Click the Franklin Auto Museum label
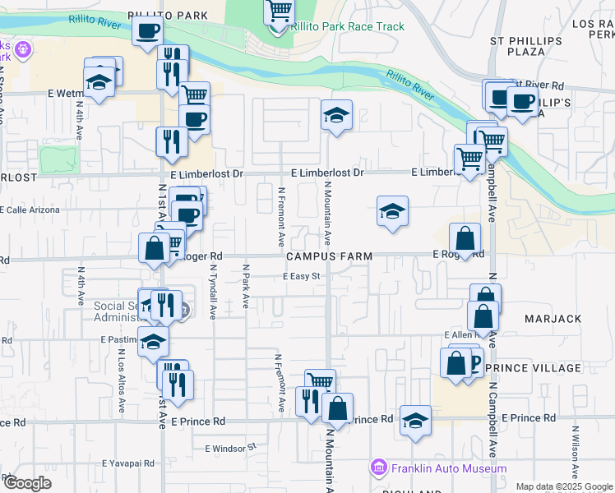pos(449,468)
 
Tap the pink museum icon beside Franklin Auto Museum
pos(379,468)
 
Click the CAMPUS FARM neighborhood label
pos(329,256)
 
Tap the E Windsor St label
pos(231,448)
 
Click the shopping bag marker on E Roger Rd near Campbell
pos(465,239)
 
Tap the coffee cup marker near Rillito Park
pos(147,32)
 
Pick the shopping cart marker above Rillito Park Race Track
pos(280,11)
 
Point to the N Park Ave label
pos(245,286)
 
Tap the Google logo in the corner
pos(26,483)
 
